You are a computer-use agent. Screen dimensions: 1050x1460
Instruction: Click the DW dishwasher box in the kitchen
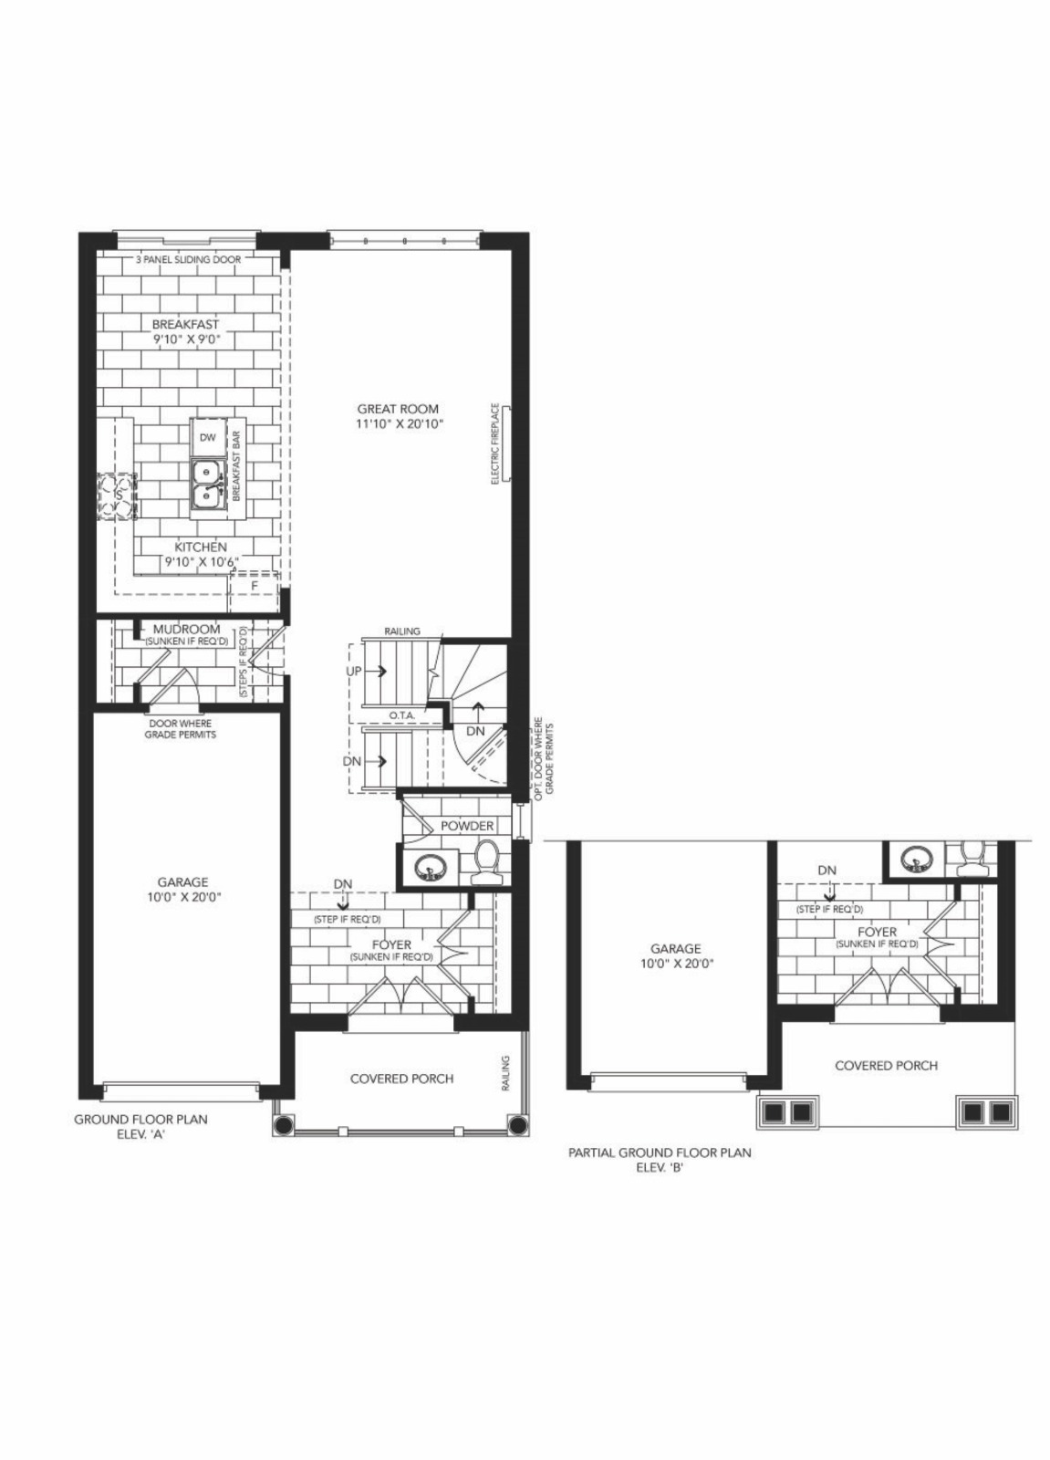tap(208, 437)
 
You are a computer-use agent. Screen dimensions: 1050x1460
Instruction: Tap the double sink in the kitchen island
tap(208, 485)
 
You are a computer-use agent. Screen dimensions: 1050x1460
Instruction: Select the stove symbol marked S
tap(118, 496)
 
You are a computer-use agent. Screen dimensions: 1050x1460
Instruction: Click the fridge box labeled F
tap(255, 586)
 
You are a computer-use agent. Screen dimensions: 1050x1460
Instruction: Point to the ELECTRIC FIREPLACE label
tap(495, 443)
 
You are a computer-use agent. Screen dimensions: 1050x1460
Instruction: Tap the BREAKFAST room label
tap(186, 324)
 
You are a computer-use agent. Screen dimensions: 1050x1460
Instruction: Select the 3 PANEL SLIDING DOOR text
tap(188, 259)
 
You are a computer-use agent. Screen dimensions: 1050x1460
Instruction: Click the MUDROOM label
tap(186, 629)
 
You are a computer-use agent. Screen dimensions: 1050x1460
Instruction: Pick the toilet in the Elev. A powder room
tap(485, 861)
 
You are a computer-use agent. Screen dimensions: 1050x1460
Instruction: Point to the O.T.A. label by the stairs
tap(402, 715)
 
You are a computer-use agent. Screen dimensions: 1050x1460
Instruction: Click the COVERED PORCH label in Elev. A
tap(401, 1078)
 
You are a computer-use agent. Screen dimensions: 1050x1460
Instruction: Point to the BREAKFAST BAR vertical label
tap(236, 465)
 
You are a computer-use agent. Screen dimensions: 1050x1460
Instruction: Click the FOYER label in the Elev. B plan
tap(877, 932)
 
